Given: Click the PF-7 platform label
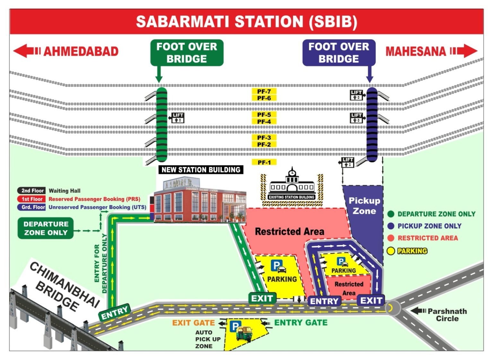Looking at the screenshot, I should [264, 92].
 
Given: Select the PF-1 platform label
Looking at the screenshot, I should [264, 162].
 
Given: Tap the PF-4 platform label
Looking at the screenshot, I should [264, 122].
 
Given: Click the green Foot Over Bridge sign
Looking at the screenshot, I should [187, 53].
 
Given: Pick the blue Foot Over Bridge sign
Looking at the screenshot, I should [339, 53].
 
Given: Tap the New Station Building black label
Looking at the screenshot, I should [201, 170].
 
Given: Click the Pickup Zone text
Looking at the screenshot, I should [364, 206].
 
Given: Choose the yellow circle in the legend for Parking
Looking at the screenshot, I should [391, 251].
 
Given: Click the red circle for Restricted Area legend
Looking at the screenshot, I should [391, 238].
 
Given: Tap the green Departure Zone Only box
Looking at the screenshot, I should [46, 228].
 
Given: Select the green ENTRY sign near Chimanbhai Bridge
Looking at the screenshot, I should [115, 312].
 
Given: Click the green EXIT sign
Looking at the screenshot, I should [262, 298].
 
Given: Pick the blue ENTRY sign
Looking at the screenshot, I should [324, 301].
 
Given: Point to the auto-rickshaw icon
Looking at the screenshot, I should [244, 333].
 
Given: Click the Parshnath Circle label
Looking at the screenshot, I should [447, 315].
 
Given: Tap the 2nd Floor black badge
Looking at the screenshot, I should [32, 191].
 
